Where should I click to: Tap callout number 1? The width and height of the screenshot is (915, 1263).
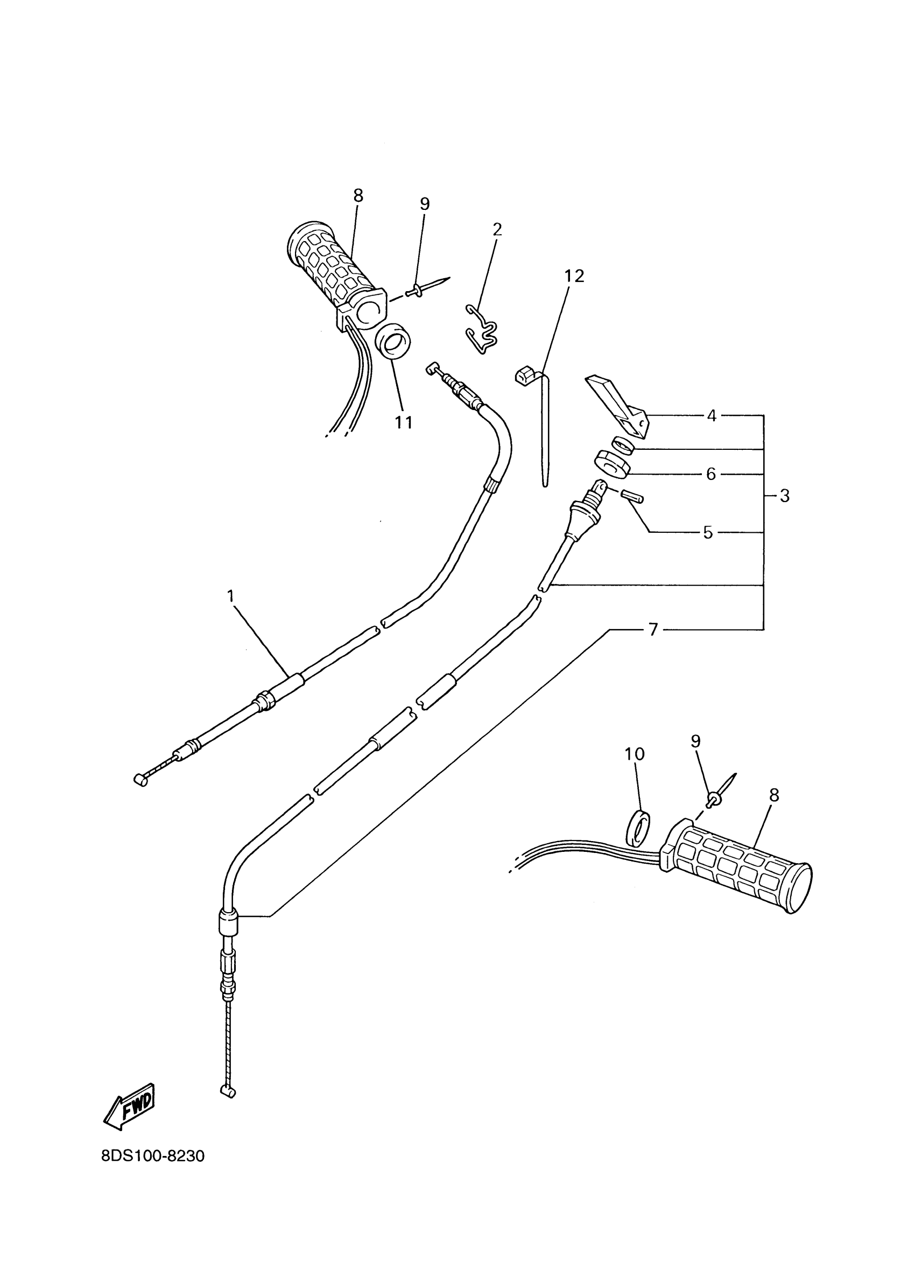click(230, 596)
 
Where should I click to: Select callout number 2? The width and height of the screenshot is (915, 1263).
click(497, 229)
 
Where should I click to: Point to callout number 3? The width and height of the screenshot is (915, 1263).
click(784, 495)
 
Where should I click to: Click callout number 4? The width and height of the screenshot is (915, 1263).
click(711, 415)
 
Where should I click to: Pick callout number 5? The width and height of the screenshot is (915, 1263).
click(707, 532)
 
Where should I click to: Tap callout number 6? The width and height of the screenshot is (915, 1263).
click(710, 474)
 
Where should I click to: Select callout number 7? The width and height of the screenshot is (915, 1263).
click(653, 630)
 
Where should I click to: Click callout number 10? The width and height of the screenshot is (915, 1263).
click(635, 753)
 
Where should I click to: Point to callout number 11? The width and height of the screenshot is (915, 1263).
click(403, 422)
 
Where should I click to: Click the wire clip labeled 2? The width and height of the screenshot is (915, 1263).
click(481, 330)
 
